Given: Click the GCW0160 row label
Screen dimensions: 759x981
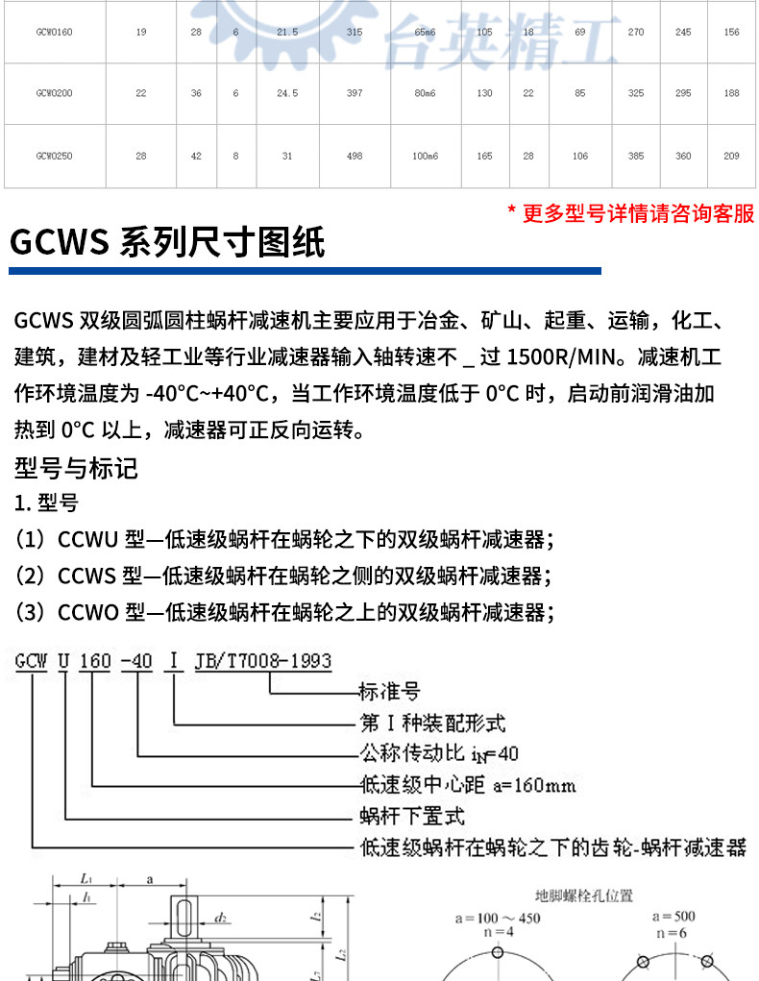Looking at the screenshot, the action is point(54,33).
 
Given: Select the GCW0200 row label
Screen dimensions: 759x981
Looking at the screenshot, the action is point(54,94).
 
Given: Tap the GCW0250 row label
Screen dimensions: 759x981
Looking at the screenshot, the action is point(54,156).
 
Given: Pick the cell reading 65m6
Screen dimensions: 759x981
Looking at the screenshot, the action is point(424,33).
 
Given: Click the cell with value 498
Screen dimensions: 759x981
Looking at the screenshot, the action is point(353,156).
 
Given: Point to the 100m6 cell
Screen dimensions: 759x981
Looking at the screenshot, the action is point(425,156).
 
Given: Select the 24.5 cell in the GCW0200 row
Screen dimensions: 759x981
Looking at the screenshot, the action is point(287,94).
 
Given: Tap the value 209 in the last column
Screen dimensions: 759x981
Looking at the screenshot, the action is point(731,156).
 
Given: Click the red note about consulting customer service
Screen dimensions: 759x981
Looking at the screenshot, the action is point(631,213).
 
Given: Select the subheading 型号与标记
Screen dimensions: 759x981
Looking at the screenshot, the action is point(77,468).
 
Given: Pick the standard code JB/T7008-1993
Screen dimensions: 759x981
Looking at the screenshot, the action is point(262,661).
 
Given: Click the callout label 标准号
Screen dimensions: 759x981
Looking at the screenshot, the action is point(388,692).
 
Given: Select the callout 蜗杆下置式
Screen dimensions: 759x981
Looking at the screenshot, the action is point(411,818).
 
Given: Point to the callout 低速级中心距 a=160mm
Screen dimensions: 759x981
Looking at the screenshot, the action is point(467,786).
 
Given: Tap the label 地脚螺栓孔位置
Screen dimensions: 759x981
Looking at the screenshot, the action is point(585,896).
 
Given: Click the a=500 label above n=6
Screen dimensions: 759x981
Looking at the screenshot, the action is point(673,917).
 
